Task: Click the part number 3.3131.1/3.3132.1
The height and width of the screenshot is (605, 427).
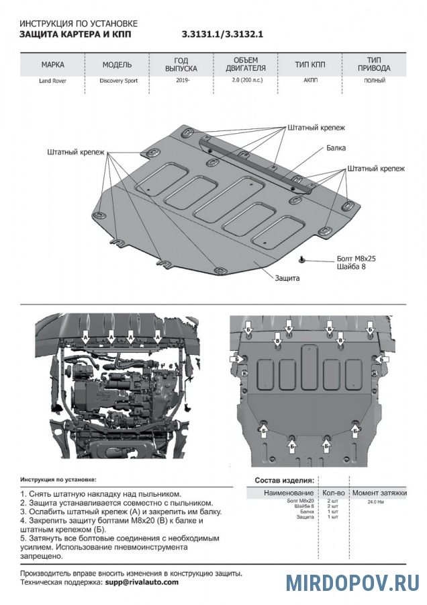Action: pos(222,34)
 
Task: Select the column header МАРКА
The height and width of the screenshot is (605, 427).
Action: pos(53,65)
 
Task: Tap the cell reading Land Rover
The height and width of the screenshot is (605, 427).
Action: pos(53,81)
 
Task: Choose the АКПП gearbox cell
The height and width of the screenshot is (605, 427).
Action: pos(310,81)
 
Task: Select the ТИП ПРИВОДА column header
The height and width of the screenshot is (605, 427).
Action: pos(374,65)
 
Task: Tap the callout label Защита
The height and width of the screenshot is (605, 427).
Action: pos(287,278)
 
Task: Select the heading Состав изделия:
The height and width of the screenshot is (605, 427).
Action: pos(284,481)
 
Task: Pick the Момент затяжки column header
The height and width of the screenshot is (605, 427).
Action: pos(379,493)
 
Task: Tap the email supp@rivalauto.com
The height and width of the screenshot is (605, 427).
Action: pos(142,582)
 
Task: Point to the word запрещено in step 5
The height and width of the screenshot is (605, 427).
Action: pos(42,557)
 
